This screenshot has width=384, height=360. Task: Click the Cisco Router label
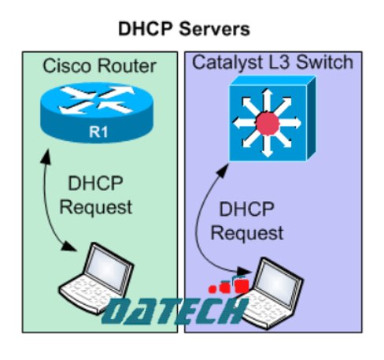coord(99,66)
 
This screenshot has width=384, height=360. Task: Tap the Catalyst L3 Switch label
coord(271,62)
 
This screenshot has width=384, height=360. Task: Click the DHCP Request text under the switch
coord(251,222)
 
